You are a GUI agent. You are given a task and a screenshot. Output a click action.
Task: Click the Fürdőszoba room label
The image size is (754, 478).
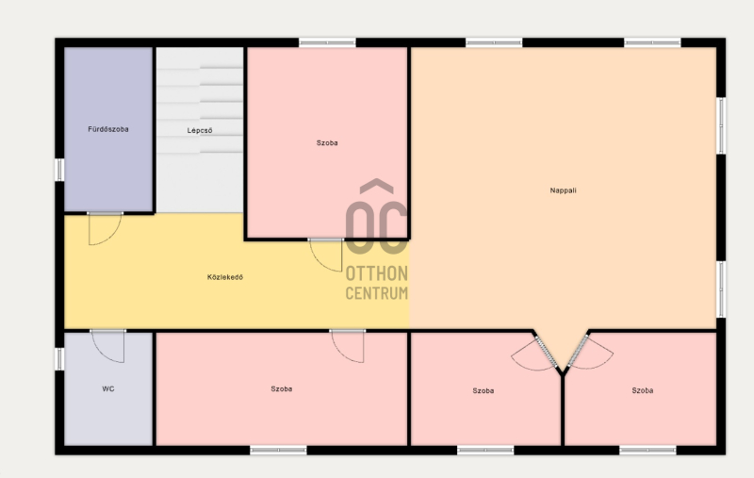click(x=108, y=129)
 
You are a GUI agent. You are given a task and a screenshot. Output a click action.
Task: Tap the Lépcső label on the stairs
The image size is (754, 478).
click(x=200, y=130)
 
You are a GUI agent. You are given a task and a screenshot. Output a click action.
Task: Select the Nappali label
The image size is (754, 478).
click(x=563, y=190)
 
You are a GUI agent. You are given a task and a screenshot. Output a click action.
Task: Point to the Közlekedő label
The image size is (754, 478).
click(x=225, y=277)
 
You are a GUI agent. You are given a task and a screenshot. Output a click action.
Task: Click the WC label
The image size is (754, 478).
click(x=108, y=388)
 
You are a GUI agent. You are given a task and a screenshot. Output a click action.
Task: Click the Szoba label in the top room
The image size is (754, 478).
click(x=327, y=142)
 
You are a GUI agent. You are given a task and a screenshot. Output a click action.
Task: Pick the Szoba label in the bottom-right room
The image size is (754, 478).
click(x=643, y=390)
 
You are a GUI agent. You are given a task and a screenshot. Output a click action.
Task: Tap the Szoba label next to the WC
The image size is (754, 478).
click(x=281, y=388)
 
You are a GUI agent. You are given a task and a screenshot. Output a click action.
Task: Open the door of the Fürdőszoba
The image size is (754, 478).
click(x=105, y=229)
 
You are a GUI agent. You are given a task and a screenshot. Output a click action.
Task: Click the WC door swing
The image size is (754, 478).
click(x=107, y=346)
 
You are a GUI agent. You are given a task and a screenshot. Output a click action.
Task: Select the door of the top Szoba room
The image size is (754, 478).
click(x=325, y=255)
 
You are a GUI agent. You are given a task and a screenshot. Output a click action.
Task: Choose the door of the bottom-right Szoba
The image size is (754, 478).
click(x=591, y=353)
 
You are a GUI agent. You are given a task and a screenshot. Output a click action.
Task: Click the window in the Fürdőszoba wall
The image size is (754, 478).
click(x=59, y=170)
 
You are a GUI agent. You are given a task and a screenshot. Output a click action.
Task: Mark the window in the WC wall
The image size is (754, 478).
click(x=59, y=359)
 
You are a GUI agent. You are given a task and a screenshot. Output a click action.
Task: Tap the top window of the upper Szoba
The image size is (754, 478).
click(x=327, y=42)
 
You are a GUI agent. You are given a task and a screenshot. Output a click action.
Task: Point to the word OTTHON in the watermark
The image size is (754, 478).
click(x=376, y=273)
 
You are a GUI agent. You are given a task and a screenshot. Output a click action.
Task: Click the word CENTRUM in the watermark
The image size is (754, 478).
click(x=376, y=293)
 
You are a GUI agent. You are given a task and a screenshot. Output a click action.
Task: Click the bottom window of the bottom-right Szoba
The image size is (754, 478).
click(x=647, y=451)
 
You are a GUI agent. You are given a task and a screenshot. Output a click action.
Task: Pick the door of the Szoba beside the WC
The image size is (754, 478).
click(x=347, y=346)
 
